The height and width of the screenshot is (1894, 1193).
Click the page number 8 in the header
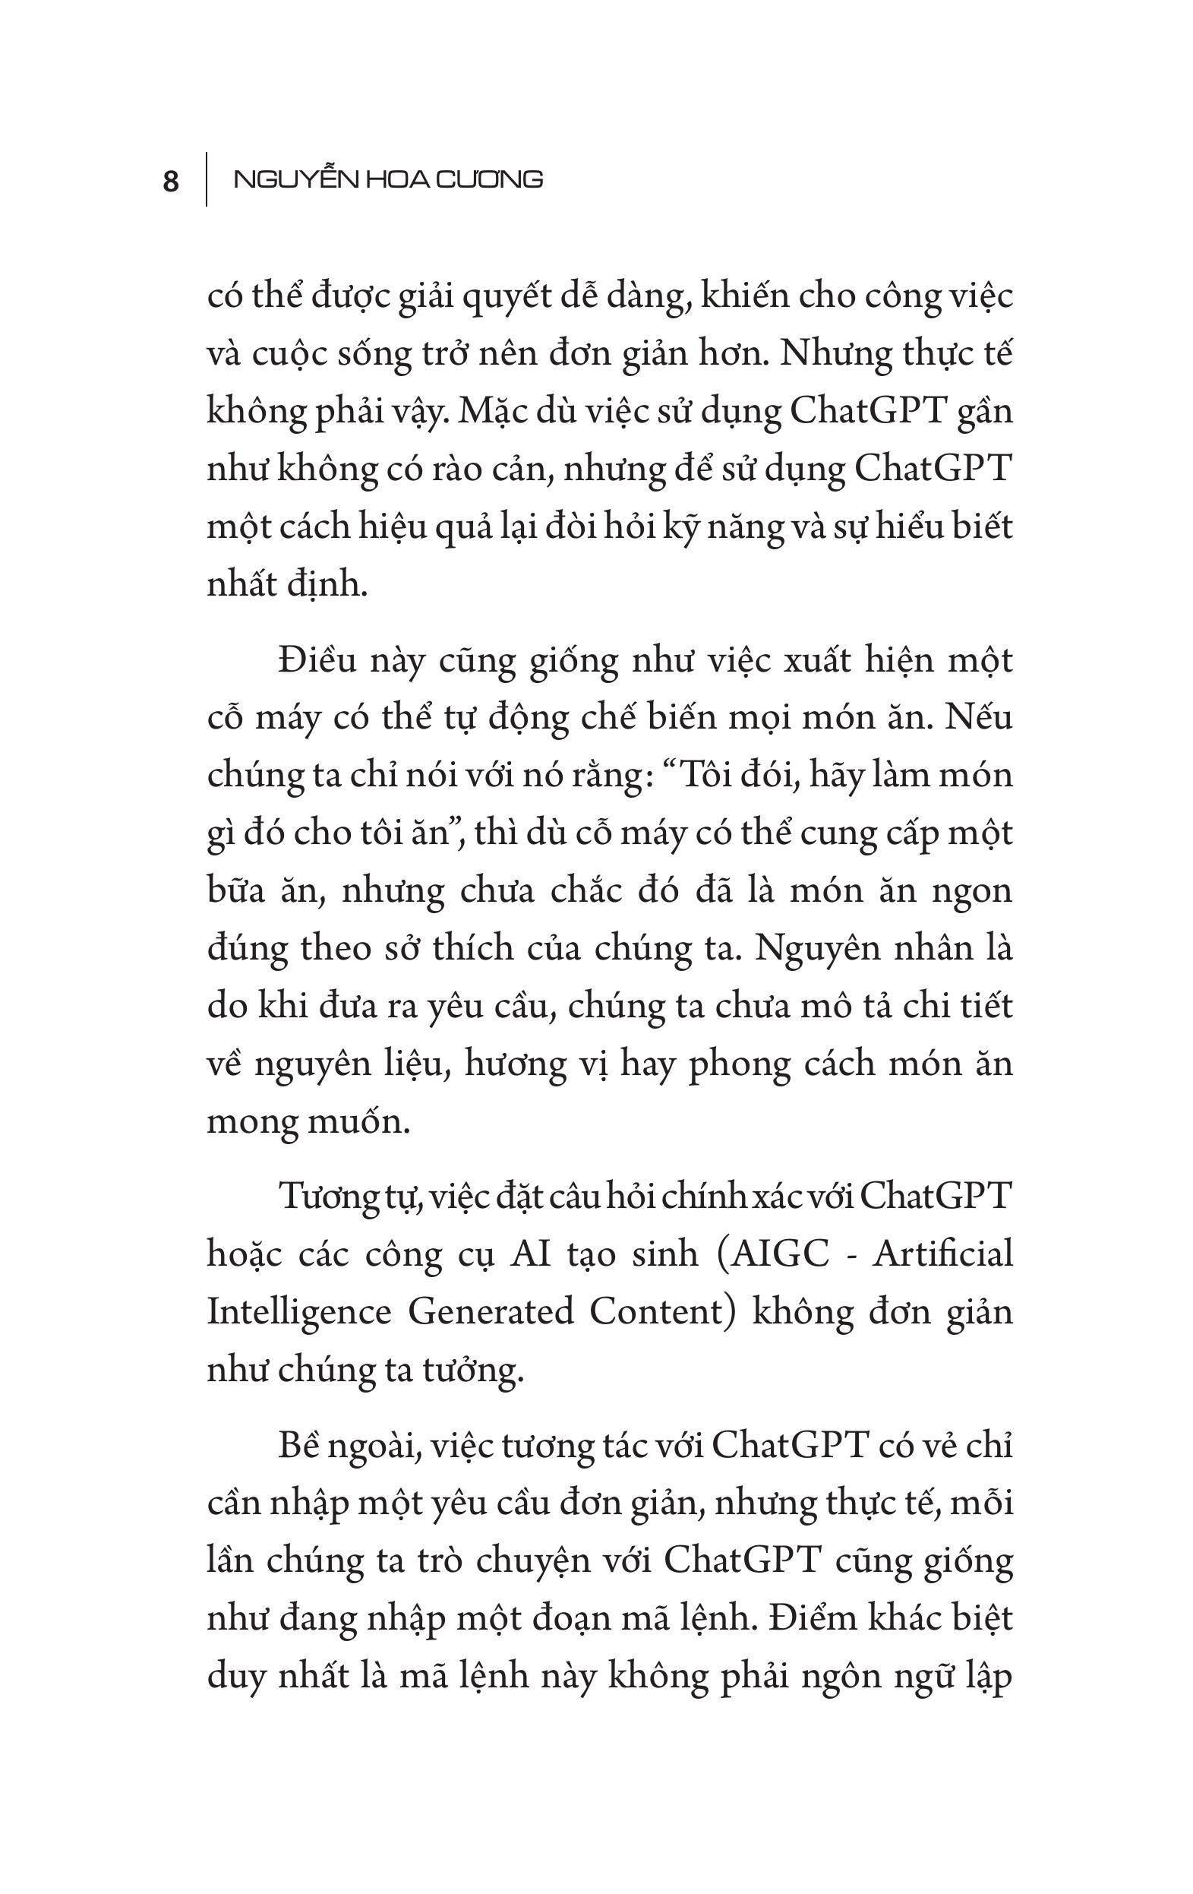pos(171,182)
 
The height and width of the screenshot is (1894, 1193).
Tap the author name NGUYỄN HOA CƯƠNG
pos(389,180)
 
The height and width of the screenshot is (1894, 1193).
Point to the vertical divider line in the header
pos(207,179)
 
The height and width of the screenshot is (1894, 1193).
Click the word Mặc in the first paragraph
pos(487,411)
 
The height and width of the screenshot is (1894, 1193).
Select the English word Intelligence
pos(299,1311)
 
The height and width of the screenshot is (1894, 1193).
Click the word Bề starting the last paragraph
pos(297,1445)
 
